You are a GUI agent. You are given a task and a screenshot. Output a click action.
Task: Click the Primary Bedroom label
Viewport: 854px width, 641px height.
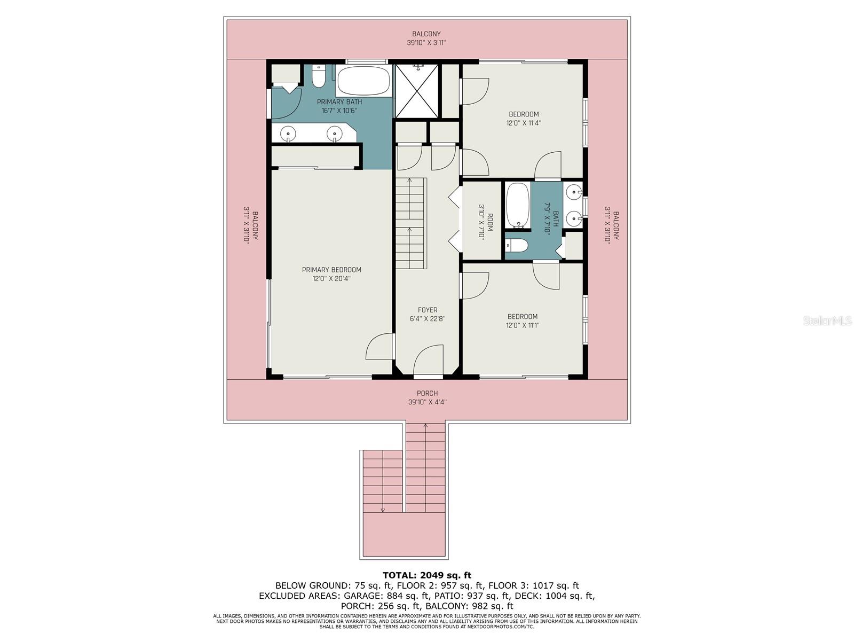point(331,269)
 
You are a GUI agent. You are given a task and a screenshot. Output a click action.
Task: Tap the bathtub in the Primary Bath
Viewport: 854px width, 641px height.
point(363,81)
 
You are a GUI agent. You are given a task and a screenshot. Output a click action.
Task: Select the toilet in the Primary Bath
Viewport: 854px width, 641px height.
point(318,76)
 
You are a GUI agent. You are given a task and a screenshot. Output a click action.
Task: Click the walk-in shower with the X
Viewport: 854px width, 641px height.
point(417,91)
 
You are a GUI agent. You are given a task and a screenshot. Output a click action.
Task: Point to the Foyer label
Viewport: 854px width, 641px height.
point(427,310)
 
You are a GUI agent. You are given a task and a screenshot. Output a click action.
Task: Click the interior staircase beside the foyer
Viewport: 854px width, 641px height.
point(411,223)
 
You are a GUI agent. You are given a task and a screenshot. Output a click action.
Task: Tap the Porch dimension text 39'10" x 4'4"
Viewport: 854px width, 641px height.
point(427,402)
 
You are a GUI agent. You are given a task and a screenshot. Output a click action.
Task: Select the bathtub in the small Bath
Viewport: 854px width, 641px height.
point(517,205)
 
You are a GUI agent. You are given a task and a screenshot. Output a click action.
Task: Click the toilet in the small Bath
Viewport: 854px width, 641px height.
point(516,246)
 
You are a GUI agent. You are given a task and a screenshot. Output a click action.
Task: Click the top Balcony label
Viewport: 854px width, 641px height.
point(426,34)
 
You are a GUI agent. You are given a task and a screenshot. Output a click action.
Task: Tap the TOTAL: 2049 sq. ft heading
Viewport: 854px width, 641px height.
point(427,575)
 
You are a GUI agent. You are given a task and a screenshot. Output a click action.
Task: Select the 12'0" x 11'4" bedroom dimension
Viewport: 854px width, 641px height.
point(523,123)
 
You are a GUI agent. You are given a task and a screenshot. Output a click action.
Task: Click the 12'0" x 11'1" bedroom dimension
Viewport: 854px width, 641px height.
point(523,325)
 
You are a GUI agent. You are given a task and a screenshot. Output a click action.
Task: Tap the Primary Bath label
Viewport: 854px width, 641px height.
point(339,102)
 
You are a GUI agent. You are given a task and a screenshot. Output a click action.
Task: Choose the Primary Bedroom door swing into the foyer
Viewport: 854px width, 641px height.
point(379,346)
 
